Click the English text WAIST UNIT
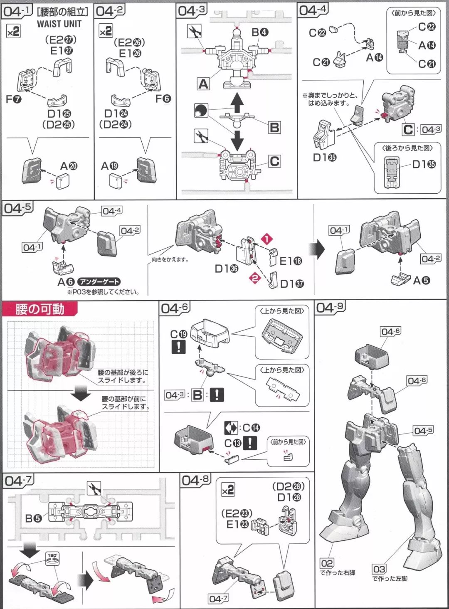[x=59, y=24]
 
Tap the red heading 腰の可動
[x=40, y=309]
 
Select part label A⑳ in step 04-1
[x=69, y=166]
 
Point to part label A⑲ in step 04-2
[x=110, y=166]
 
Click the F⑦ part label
[x=14, y=99]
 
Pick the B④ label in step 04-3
[x=260, y=32]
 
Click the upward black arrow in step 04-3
[x=237, y=102]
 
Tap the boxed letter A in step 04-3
[x=203, y=84]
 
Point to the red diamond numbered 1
[x=266, y=239]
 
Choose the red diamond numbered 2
[x=255, y=278]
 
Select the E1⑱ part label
[x=291, y=261]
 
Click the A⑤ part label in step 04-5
[x=422, y=281]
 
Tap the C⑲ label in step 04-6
[x=179, y=334]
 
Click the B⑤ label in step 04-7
[x=33, y=518]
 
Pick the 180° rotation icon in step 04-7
[x=52, y=557]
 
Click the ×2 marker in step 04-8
[x=228, y=490]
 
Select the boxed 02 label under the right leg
[x=327, y=563]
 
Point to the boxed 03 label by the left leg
[x=379, y=569]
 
